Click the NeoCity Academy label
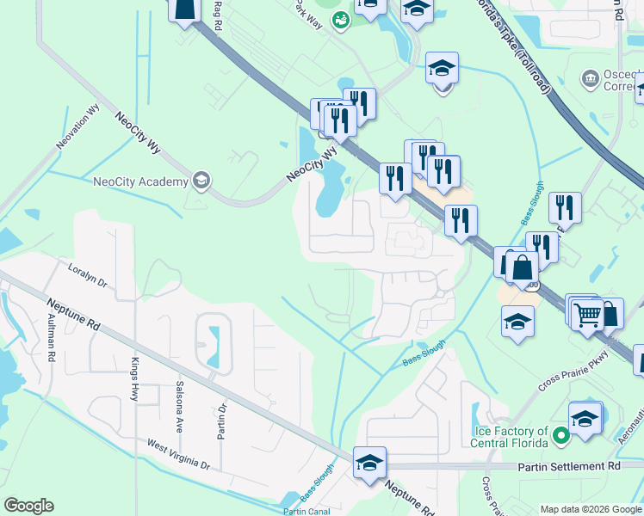click(140, 181)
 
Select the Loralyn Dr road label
click(87, 274)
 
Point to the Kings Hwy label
click(134, 379)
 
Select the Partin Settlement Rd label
click(569, 465)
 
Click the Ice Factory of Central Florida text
click(511, 437)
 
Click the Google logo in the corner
click(28, 505)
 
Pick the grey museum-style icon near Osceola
click(591, 79)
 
